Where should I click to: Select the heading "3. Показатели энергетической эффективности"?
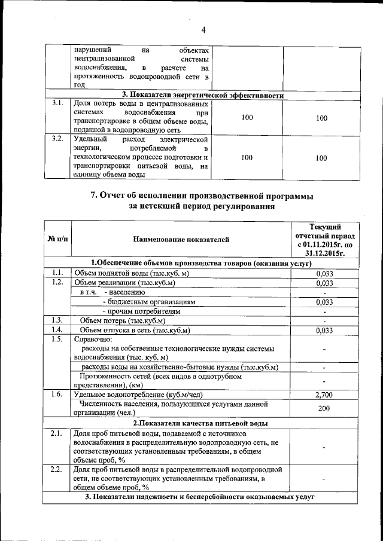coord(202,94)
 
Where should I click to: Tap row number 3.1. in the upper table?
coord(57,103)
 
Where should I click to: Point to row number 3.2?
coord(57,139)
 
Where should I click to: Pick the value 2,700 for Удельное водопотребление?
coord(324,395)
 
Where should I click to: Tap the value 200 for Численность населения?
coord(324,408)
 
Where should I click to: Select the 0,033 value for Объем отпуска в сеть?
coord(324,330)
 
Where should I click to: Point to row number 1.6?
coord(57,394)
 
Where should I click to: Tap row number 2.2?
coord(57,469)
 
